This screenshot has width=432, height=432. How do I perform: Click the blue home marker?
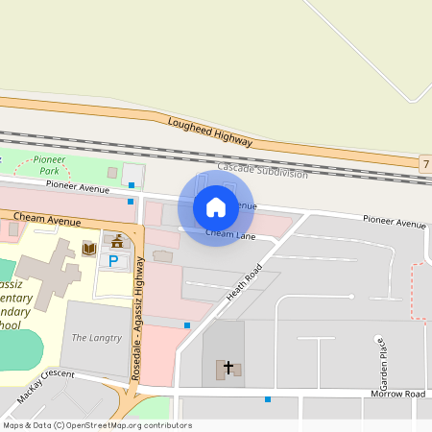215,206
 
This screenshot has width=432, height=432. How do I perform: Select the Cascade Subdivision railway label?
262,170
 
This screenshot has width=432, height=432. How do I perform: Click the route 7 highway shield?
424,164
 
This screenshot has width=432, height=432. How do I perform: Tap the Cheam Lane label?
230,233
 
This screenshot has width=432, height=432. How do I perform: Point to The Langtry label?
96,338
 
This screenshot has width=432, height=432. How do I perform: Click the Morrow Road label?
397,395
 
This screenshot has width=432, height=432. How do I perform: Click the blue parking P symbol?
113,260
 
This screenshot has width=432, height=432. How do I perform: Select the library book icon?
89,250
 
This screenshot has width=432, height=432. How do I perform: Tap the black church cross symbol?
228,367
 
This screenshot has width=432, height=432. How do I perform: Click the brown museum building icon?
118,240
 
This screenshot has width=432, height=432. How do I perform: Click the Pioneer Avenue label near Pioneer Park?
78,185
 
